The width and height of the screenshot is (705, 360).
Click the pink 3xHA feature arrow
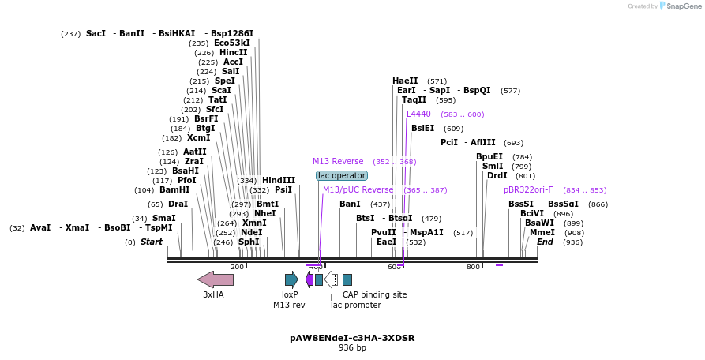(x=215, y=279)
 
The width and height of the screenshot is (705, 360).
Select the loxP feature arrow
(x=291, y=279)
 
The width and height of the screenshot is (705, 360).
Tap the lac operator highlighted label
(x=341, y=175)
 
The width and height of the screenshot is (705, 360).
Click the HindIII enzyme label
(x=278, y=181)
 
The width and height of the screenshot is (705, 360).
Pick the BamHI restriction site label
(x=174, y=190)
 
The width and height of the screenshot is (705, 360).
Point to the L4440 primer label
(x=418, y=114)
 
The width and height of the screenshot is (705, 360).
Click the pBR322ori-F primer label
(x=528, y=190)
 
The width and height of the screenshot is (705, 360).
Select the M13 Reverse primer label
(x=338, y=162)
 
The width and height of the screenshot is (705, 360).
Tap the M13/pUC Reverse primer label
(x=358, y=190)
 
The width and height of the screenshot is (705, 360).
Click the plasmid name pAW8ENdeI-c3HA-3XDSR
(x=352, y=338)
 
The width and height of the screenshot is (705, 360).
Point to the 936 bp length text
(x=352, y=347)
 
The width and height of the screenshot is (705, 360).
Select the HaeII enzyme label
(x=405, y=81)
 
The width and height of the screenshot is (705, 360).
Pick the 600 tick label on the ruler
(x=394, y=267)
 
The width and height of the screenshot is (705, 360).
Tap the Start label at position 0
(x=151, y=242)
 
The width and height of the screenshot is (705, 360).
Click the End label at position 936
(x=545, y=242)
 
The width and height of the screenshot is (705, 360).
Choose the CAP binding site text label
(x=374, y=294)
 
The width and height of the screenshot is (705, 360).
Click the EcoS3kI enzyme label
(x=232, y=43)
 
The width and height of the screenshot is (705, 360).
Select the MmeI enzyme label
(x=542, y=233)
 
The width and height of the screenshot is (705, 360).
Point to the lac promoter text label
(x=355, y=305)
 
